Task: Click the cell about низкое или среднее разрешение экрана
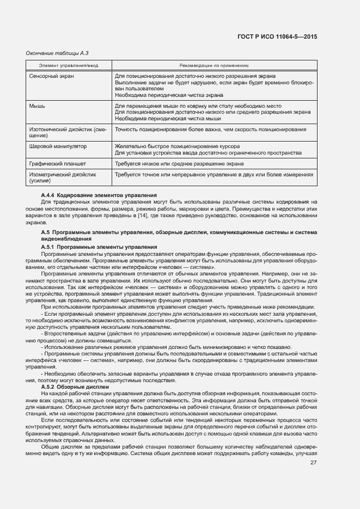(179, 163)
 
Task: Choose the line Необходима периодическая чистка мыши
(168, 118)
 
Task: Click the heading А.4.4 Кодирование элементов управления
(99, 195)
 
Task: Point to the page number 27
(313, 463)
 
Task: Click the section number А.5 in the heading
(46, 232)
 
